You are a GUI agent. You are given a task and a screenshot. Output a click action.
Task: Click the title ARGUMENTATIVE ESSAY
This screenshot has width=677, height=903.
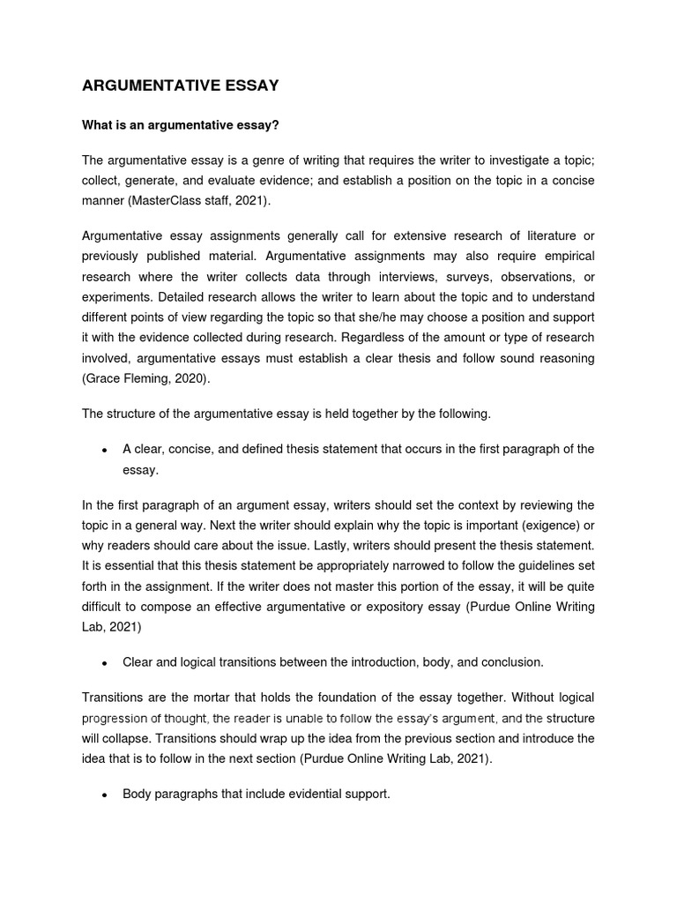click(180, 86)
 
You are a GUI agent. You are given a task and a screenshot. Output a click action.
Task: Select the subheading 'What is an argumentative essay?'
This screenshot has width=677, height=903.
click(180, 125)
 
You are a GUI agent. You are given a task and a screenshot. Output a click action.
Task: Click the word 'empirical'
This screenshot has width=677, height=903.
click(564, 255)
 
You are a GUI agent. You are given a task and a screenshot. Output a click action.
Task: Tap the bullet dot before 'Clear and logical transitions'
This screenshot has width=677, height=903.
click(104, 663)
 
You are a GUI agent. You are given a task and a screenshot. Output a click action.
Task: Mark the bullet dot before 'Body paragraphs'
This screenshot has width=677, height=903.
click(104, 795)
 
